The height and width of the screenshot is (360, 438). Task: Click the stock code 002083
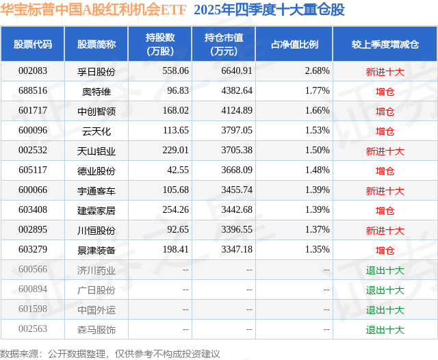click(x=32, y=71)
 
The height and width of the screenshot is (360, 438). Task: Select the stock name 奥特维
click(x=96, y=91)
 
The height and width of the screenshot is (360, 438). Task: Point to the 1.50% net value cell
click(x=318, y=151)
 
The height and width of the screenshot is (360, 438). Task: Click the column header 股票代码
click(x=32, y=44)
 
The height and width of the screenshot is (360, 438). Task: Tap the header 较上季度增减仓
click(x=385, y=44)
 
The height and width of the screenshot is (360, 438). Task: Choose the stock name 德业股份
click(x=96, y=170)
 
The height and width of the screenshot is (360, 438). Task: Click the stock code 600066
click(x=32, y=190)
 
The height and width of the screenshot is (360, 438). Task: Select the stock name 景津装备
click(x=96, y=250)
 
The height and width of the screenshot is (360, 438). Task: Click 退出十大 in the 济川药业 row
click(x=385, y=270)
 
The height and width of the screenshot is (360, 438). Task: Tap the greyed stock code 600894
click(x=32, y=290)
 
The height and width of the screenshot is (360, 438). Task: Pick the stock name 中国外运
click(x=96, y=310)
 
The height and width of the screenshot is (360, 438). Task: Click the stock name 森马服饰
click(x=96, y=330)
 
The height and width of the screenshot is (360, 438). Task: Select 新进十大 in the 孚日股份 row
click(x=385, y=71)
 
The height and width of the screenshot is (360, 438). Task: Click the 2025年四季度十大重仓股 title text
click(x=269, y=10)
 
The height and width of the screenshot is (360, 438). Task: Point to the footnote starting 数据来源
click(x=110, y=353)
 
